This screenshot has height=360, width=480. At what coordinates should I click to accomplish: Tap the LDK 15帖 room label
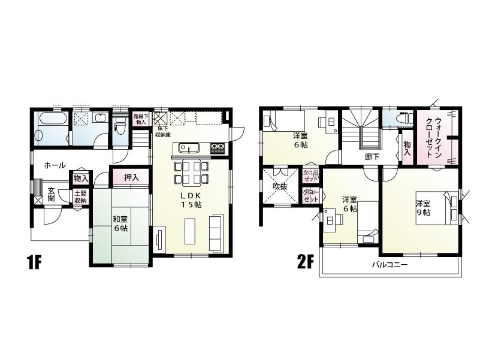191,200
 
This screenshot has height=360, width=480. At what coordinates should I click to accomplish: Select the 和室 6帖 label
120,223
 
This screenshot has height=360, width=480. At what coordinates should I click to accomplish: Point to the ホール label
55,165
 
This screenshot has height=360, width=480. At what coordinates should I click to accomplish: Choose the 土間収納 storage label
80,196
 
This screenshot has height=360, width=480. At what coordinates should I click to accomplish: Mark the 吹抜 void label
280,186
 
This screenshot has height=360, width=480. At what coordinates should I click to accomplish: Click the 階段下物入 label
140,119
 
